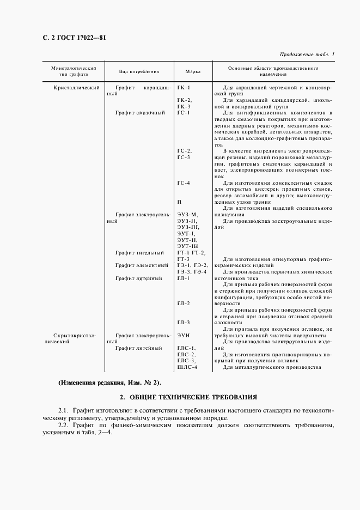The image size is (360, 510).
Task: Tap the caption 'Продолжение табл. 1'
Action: [x=308, y=54]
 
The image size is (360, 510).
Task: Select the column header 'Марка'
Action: [x=193, y=71]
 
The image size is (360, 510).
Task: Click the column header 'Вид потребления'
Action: [x=139, y=71]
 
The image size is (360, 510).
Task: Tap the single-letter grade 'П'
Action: [x=179, y=202]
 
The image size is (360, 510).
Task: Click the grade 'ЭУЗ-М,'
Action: [x=187, y=214]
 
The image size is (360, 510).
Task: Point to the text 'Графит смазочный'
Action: [x=140, y=113]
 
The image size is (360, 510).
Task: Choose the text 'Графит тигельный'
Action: [x=139, y=252]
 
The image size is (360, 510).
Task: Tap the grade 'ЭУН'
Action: [x=183, y=335]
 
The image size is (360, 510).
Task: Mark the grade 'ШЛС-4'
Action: [x=187, y=367]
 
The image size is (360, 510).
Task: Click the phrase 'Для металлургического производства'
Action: [x=272, y=367]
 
